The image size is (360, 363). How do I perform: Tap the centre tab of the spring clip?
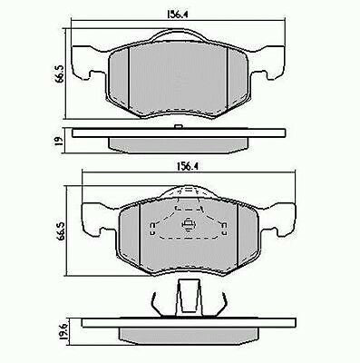pos(190,294)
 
